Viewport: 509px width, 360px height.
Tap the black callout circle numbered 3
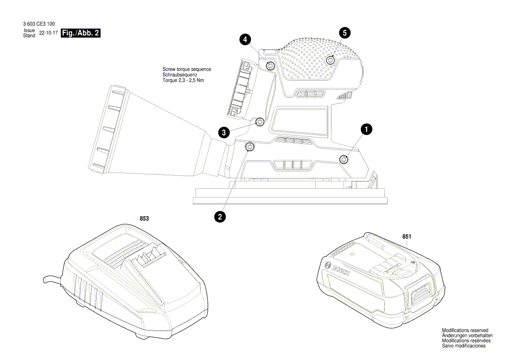coord(223,132)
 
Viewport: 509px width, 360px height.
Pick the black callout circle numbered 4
coord(245,40)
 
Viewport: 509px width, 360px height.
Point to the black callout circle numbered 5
coord(345,32)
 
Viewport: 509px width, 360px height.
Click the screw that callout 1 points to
coord(344,160)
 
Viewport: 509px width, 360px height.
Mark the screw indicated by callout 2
coord(250,146)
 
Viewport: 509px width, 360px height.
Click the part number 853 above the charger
coord(145,219)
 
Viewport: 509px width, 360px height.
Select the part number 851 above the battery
coord(407,236)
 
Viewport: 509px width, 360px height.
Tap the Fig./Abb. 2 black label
coord(81,33)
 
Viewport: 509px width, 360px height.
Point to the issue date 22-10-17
coord(48,33)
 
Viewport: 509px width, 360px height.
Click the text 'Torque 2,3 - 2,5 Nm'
coord(183,80)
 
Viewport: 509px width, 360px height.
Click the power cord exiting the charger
coord(50,279)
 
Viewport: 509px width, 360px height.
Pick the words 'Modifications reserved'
coord(465,330)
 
